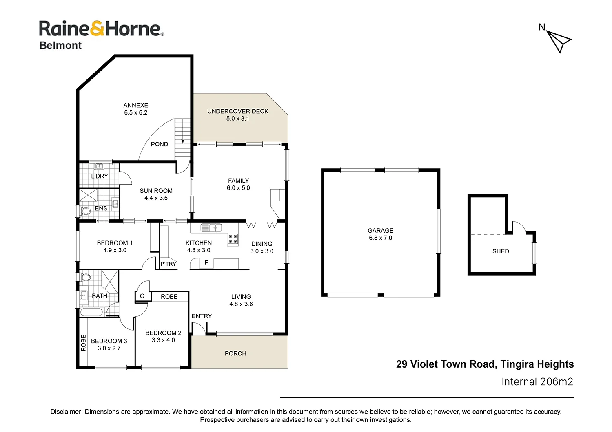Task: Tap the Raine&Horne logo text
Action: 101,29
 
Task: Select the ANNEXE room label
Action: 136,105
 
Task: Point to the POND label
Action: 160,144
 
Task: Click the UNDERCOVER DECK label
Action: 238,111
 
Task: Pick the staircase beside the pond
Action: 183,139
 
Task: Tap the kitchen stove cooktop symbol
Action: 233,239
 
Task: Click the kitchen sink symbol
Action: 211,227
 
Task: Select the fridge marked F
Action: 206,263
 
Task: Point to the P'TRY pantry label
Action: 168,264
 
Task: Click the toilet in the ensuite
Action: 85,211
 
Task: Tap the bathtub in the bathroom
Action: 91,313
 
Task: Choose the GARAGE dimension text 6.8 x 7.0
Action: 381,238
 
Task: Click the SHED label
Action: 501,251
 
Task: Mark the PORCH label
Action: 235,353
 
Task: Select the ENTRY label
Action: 202,316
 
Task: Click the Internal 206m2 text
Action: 537,382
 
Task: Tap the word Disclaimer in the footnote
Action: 66,412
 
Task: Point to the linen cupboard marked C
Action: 142,296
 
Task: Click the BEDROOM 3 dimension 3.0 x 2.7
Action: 109,348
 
